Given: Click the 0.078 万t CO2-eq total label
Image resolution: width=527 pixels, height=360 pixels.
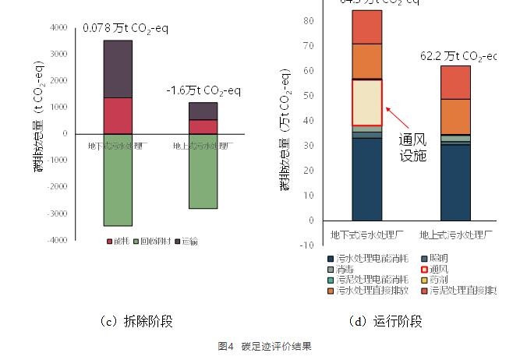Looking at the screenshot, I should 126,29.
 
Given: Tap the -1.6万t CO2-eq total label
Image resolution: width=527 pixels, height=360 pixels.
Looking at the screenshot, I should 203,91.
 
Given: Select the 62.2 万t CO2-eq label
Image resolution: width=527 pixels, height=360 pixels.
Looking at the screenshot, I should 458,56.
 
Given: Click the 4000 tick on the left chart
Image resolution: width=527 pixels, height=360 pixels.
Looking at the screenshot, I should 58,27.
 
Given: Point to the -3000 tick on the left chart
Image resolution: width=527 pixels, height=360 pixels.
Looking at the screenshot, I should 57,213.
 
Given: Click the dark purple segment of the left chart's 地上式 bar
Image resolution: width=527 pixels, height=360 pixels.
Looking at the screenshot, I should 203,111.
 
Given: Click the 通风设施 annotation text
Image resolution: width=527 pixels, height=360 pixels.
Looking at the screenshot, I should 413,147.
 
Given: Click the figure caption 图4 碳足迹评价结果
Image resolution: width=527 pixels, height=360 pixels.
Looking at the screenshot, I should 263,346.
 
